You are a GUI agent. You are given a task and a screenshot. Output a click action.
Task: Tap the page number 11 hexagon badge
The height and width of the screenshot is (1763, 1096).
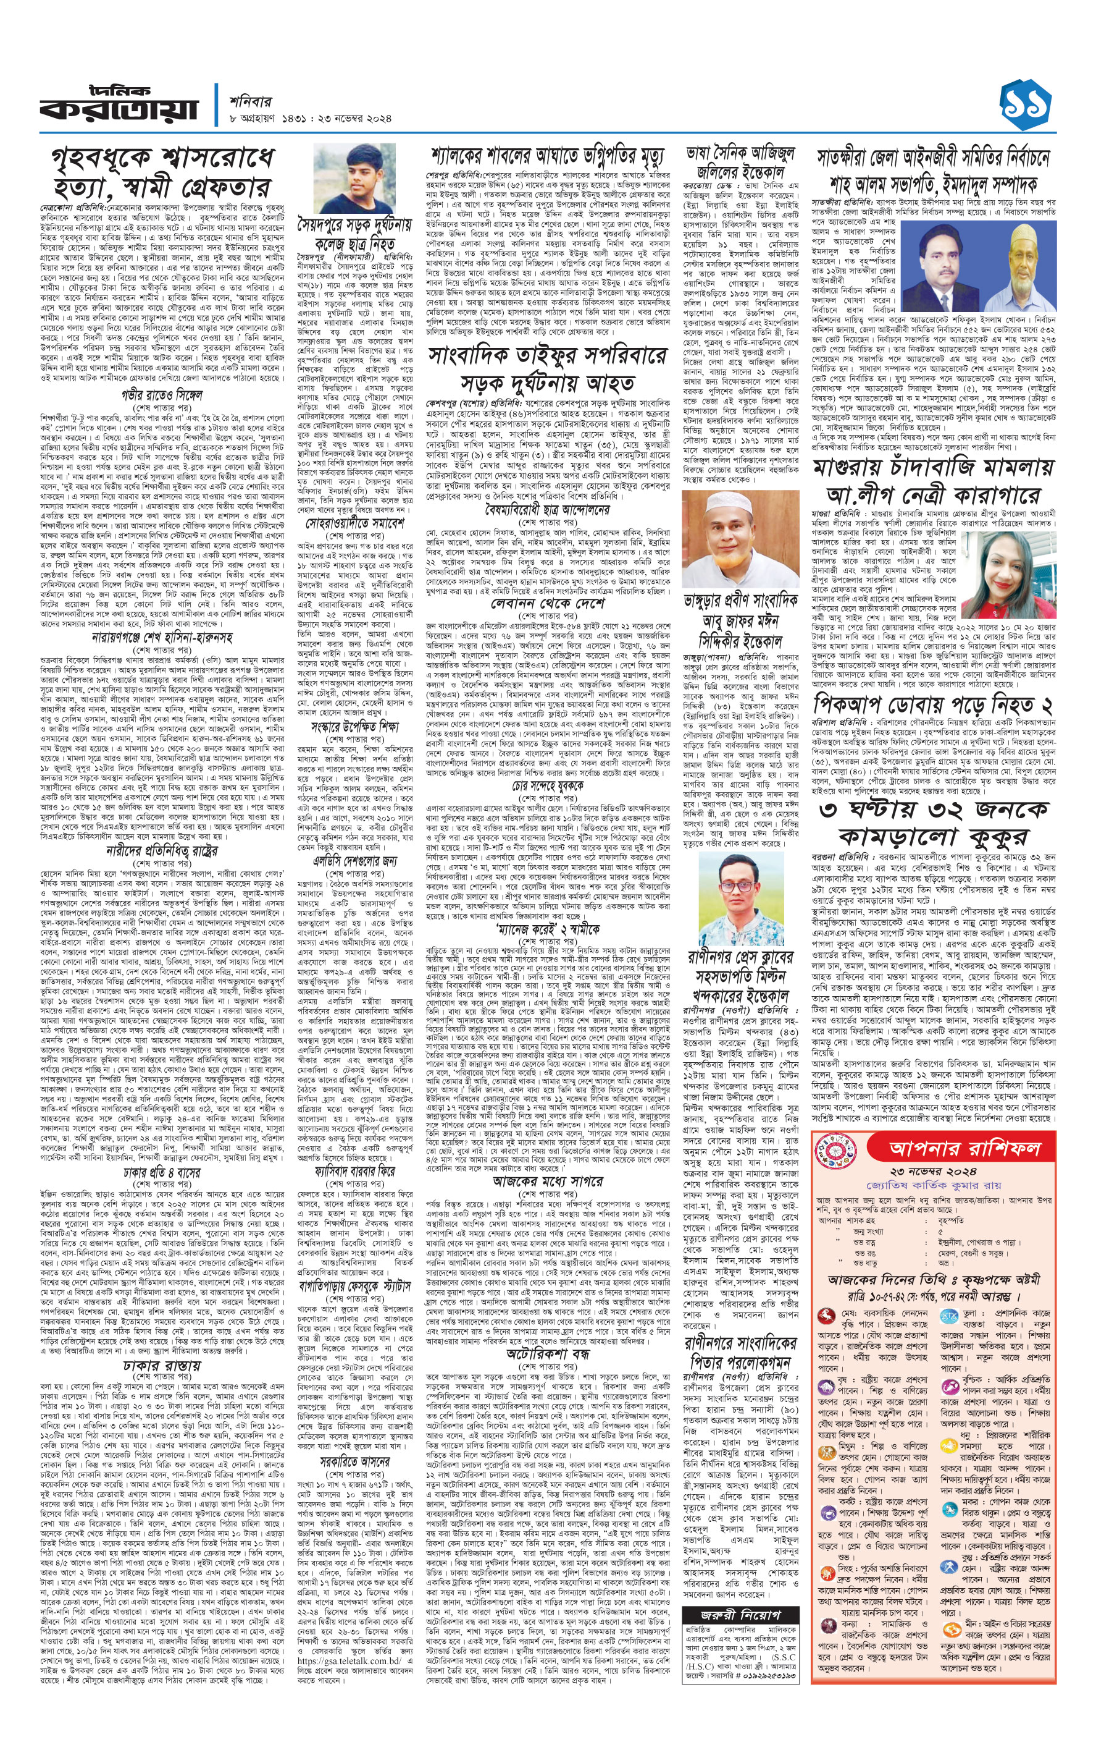coord(1025,106)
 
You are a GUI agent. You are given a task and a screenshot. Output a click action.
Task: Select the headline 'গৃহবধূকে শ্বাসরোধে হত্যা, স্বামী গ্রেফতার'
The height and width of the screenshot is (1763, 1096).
coord(162,172)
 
